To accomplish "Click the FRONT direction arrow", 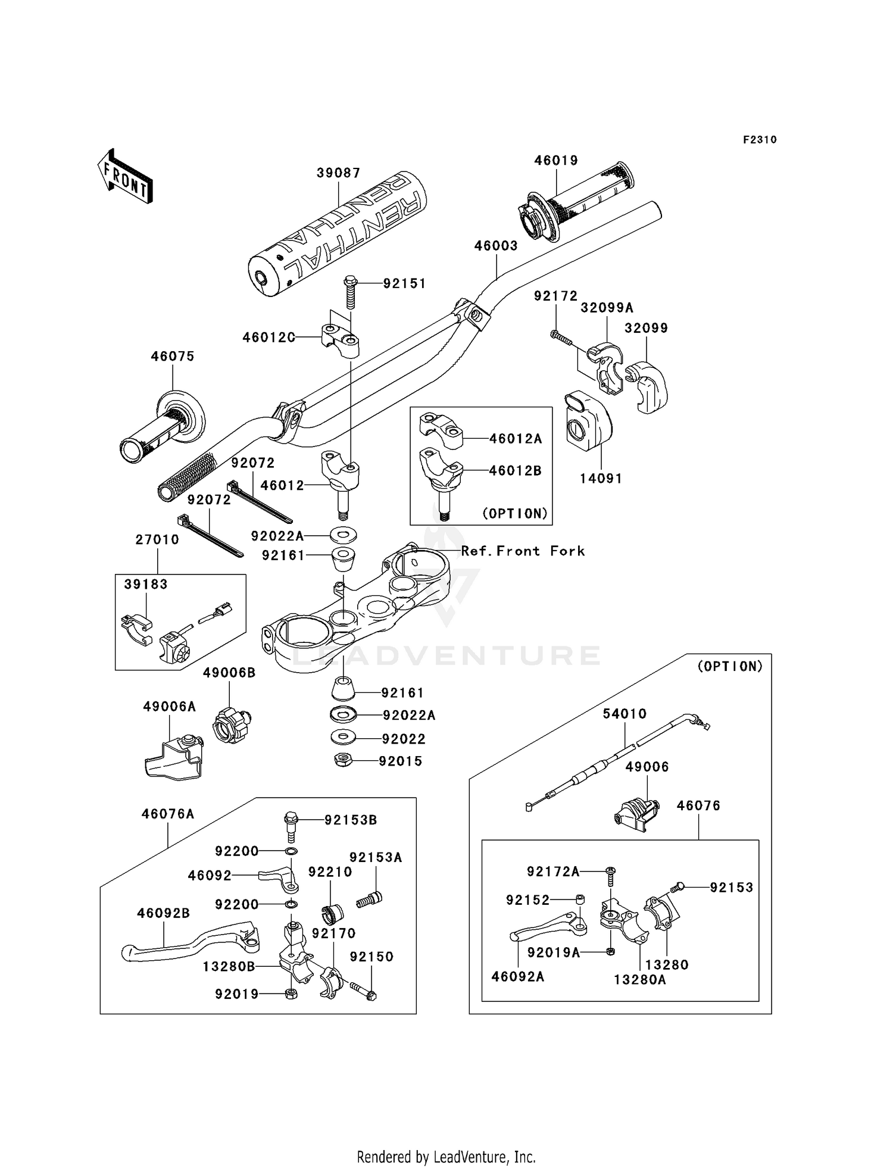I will click(x=125, y=177).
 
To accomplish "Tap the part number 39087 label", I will click(x=338, y=173).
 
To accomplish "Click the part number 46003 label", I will click(x=496, y=246).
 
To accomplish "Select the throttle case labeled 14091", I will click(x=588, y=420).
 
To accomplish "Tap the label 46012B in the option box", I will click(x=516, y=471).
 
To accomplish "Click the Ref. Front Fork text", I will click(x=523, y=551).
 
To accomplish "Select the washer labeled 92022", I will click(x=343, y=738).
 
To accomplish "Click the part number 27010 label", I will click(x=157, y=540).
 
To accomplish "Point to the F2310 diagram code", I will click(x=760, y=140).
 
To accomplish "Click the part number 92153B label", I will click(x=351, y=820).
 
